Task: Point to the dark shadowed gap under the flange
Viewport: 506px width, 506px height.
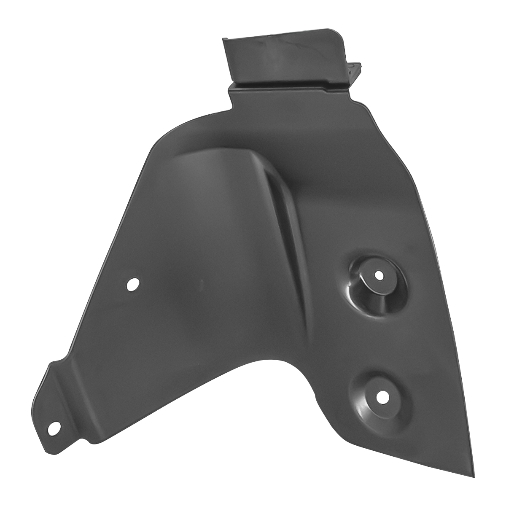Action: tap(291, 86)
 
